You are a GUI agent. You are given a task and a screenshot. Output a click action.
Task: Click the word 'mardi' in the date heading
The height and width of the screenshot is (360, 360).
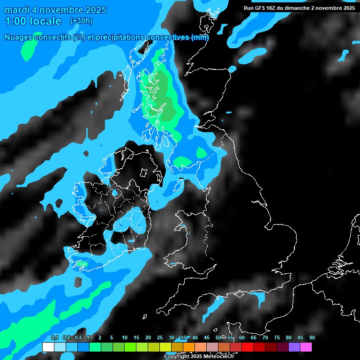(16, 10)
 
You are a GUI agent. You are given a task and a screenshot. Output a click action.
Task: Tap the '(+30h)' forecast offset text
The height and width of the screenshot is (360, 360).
(81, 21)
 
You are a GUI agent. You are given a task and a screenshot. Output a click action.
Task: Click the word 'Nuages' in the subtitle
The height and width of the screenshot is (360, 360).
(19, 37)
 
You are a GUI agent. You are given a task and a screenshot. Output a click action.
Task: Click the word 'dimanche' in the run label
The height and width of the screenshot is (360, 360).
(307, 8)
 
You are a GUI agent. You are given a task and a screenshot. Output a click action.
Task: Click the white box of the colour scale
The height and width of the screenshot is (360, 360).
(48, 347)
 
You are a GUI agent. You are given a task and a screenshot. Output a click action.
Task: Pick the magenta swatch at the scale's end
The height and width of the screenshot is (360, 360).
(306, 347)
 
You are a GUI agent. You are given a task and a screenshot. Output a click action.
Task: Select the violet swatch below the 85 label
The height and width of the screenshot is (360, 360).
(294, 347)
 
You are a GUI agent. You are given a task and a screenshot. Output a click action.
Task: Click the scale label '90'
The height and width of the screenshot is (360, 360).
(312, 337)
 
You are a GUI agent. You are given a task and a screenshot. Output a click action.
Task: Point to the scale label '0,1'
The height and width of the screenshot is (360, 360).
(54, 337)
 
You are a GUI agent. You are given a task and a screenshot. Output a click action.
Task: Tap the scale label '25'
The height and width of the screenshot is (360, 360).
(159, 337)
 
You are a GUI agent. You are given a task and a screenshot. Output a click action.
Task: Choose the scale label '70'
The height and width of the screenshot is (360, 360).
(265, 337)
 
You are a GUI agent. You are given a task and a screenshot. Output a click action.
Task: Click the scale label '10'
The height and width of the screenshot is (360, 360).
(124, 337)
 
